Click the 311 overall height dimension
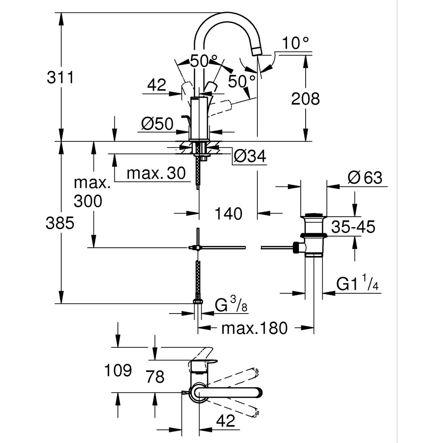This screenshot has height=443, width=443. point(59,78)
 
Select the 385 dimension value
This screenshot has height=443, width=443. point(59,223)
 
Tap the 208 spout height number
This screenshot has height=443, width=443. point(305,99)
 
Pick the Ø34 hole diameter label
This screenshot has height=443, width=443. point(249,155)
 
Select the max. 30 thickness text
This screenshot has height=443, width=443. point(156,174)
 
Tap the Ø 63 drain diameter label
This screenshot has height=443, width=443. point(365,178)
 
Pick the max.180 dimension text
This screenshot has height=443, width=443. point(255,328)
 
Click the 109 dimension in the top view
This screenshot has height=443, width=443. point(117,370)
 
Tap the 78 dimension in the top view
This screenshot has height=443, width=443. point(155,377)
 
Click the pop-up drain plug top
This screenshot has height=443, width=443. point(314,218)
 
